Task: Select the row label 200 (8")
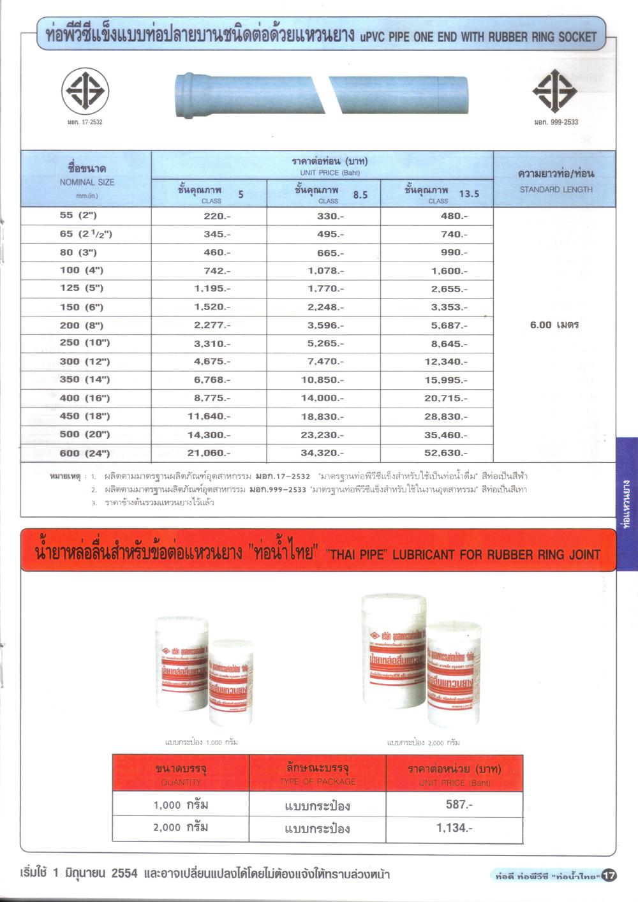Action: [82, 325]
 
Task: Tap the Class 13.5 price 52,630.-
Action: [445, 454]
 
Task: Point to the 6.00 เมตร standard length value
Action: [554, 325]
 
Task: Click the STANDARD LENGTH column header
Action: [556, 189]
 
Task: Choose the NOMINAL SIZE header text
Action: [87, 182]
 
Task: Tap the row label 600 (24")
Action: [84, 454]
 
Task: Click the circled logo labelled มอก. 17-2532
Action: [85, 91]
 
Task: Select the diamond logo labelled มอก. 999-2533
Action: [554, 91]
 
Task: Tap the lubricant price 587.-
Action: [459, 804]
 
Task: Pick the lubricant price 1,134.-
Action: [454, 828]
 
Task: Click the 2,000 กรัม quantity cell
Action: [181, 827]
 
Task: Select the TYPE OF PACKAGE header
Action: [317, 781]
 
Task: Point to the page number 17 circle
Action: [609, 875]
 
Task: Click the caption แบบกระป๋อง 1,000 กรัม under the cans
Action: [202, 742]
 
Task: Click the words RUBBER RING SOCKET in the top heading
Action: [542, 37]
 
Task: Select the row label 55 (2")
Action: [78, 216]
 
